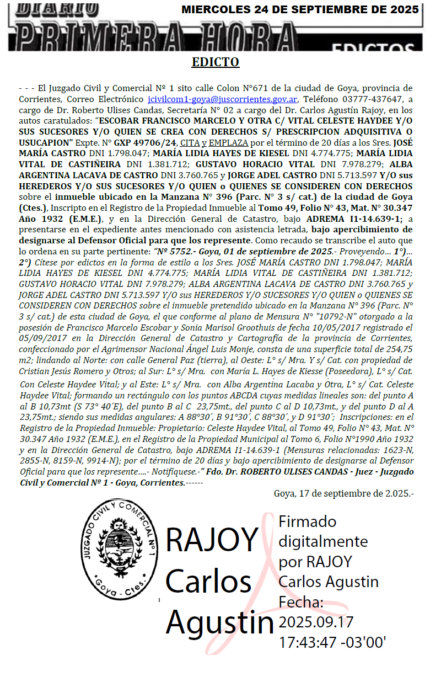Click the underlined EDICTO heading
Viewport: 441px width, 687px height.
pyautogui.click(x=216, y=62)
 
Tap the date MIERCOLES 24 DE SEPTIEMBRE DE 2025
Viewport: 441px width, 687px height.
pyautogui.click(x=300, y=10)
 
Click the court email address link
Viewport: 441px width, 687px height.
pyautogui.click(x=223, y=99)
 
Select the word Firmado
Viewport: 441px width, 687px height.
pyautogui.click(x=308, y=521)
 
